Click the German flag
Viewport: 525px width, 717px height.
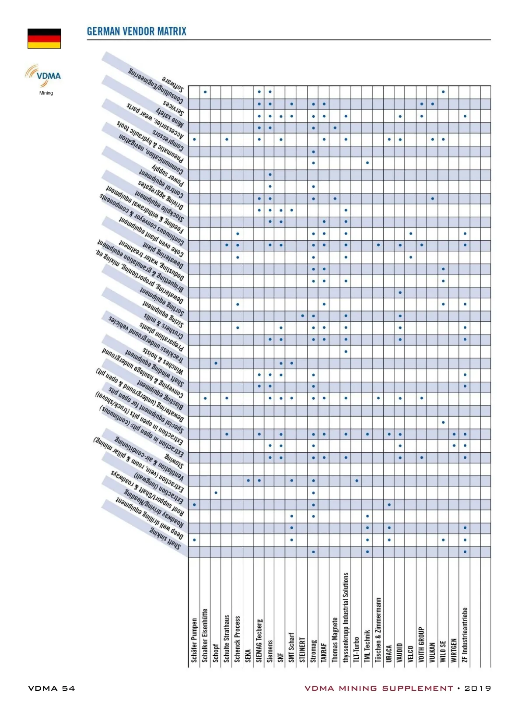point(44,39)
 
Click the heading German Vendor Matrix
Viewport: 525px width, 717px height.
point(136,32)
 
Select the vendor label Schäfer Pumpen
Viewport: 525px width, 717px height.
point(194,640)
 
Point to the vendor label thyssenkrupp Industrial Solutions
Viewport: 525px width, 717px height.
point(346,617)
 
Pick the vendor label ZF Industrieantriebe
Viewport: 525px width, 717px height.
point(465,635)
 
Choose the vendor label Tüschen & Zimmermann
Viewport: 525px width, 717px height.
point(378,630)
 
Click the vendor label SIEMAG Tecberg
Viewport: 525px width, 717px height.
point(259,640)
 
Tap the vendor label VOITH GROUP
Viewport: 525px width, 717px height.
point(421,644)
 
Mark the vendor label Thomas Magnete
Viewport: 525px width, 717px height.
point(335,640)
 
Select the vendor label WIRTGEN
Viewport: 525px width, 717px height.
point(454,650)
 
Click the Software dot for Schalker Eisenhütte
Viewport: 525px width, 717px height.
point(205,92)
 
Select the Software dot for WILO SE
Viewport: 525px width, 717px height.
point(443,92)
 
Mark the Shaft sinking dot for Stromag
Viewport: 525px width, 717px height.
point(313,552)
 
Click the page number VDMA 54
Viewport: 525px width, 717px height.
point(52,688)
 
